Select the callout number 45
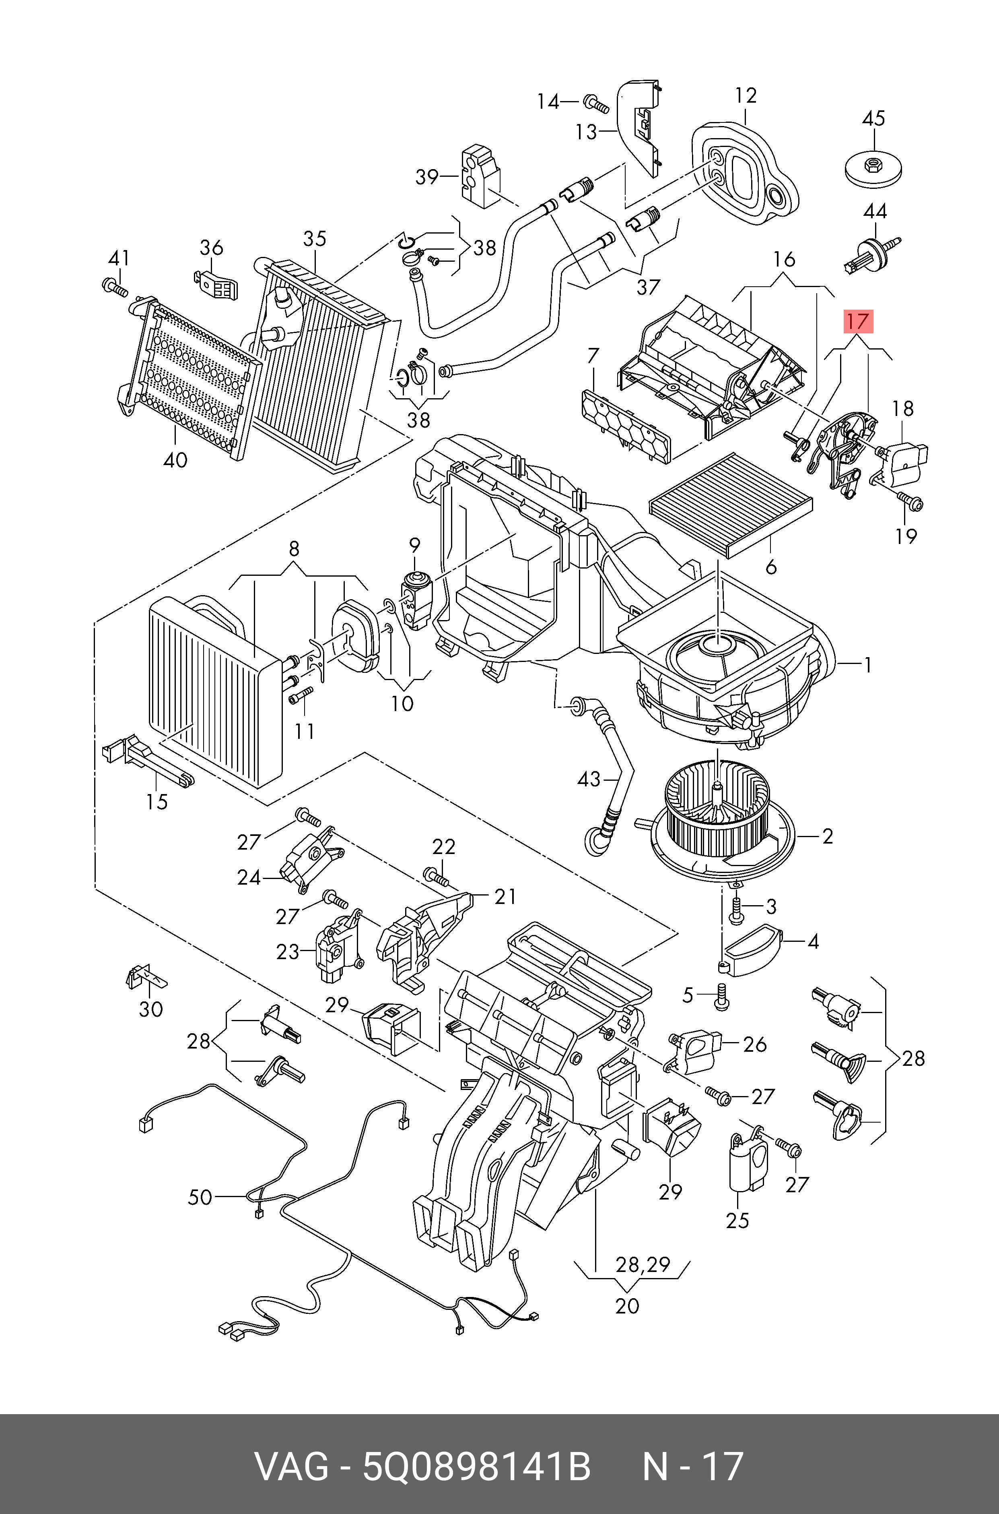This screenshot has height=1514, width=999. tap(873, 118)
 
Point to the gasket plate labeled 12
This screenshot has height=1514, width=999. tap(746, 169)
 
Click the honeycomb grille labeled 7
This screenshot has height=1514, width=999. tap(626, 426)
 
